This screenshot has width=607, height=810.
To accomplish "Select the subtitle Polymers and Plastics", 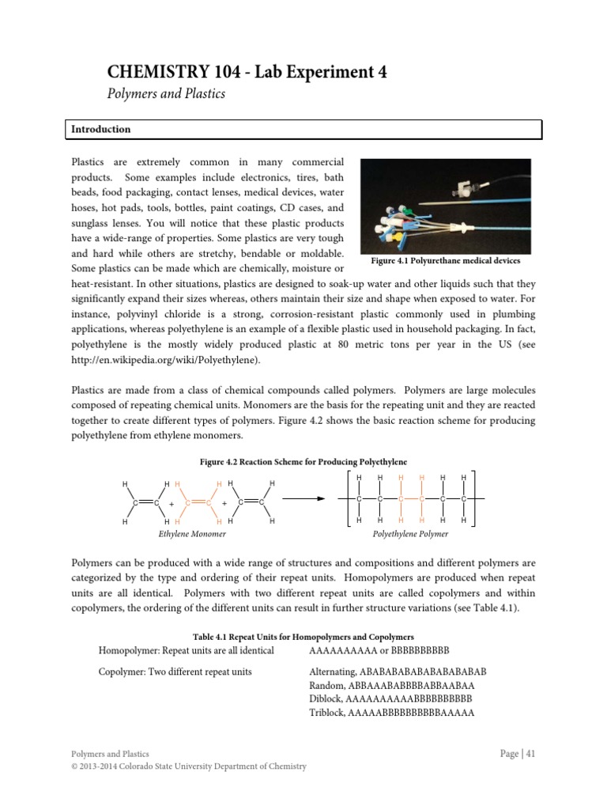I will [166, 94].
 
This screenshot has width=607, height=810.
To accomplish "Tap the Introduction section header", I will [101, 129].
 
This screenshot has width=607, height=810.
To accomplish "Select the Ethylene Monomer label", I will [192, 534].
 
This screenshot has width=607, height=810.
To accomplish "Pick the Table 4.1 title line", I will [303, 637].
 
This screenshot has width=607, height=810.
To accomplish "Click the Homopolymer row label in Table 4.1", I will [186, 650].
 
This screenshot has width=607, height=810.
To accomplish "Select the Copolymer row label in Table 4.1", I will [175, 672].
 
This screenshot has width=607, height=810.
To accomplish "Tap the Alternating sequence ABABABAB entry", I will [398, 672].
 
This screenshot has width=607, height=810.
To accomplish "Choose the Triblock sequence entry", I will [391, 713].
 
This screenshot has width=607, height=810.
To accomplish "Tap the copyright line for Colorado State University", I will [189, 766].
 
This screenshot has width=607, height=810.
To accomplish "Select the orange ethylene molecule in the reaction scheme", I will [198, 502].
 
